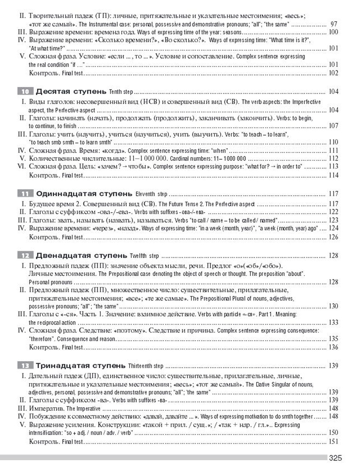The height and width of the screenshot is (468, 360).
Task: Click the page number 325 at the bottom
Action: pyautogui.click(x=335, y=458)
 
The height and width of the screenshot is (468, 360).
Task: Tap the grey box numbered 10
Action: pyautogui.click(x=25, y=91)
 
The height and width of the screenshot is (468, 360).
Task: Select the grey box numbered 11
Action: pyautogui.click(x=25, y=194)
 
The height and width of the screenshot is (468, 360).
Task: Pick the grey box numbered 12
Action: pyautogui.click(x=25, y=256)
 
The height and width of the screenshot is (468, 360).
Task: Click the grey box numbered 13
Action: pyautogui.click(x=25, y=366)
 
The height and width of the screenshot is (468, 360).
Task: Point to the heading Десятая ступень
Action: pyautogui.click(x=71, y=91)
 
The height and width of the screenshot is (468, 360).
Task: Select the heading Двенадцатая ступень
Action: pyautogui.click(x=81, y=256)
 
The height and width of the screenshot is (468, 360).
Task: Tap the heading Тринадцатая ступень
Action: pyautogui.click(x=81, y=366)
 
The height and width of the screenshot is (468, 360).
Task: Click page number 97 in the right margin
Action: pyautogui.click(x=334, y=24)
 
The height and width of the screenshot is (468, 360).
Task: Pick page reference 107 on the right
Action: pyautogui.click(x=333, y=126)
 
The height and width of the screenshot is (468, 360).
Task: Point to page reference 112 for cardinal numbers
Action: pyautogui.click(x=333, y=158)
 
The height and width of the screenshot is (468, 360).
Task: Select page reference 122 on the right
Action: pyautogui.click(x=333, y=212)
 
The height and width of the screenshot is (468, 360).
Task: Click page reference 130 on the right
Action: pyautogui.click(x=333, y=306)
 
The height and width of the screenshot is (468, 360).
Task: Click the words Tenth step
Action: pyautogui.click(x=121, y=92)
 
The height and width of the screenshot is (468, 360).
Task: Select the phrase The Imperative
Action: pyautogui.click(x=83, y=409)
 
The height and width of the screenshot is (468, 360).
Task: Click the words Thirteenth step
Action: pyautogui.click(x=145, y=366)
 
